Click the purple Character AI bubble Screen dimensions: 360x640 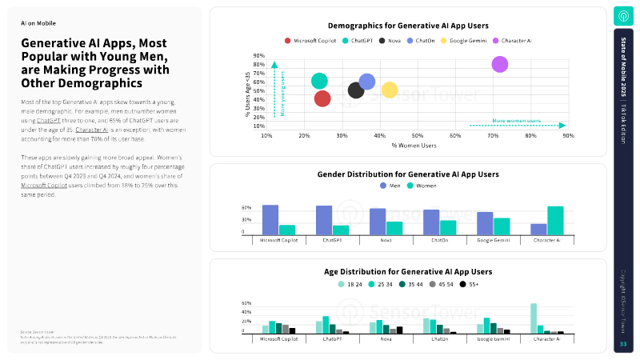pyautogui.click(x=500, y=64)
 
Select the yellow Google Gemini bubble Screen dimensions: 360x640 pyautogui.click(x=390, y=90)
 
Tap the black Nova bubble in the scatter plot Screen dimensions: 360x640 pyautogui.click(x=356, y=90)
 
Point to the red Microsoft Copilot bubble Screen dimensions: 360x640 pyautogui.click(x=322, y=98)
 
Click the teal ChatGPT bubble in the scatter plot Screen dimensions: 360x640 pyautogui.click(x=319, y=81)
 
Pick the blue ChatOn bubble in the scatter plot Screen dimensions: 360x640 pyautogui.click(x=367, y=81)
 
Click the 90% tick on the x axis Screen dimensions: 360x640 pyautogui.click(x=568, y=136)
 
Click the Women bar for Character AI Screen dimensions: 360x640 pyautogui.click(x=555, y=220)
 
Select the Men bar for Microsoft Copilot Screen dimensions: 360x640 pyautogui.click(x=270, y=219)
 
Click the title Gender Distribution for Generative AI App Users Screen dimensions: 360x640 pyautogui.click(x=408, y=174)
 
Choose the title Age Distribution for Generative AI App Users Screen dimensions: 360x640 pyautogui.click(x=408, y=271)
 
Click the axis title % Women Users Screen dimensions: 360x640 pyautogui.click(x=414, y=146)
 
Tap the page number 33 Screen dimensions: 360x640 pyautogui.click(x=623, y=344)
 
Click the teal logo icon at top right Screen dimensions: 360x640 pyautogui.click(x=623, y=16)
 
